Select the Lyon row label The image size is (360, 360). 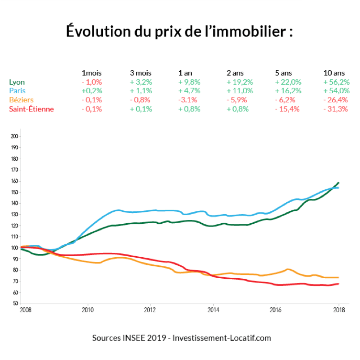tap(17, 82)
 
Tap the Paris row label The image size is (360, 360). tap(17, 91)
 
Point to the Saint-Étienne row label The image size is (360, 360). tap(32, 109)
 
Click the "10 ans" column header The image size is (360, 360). tap(334, 73)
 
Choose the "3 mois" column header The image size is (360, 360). tap(141, 73)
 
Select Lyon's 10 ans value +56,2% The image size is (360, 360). tap(337, 82)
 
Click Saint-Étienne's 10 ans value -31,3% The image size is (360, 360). tap(337, 109)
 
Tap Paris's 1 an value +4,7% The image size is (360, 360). tap(189, 91)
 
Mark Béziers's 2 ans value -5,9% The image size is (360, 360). tap(237, 100)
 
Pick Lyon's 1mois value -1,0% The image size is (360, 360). tap(92, 82)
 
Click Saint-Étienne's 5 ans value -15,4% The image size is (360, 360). tap(287, 109)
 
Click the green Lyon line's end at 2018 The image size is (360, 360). tap(338, 183)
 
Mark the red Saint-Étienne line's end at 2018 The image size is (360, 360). tap(338, 284)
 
